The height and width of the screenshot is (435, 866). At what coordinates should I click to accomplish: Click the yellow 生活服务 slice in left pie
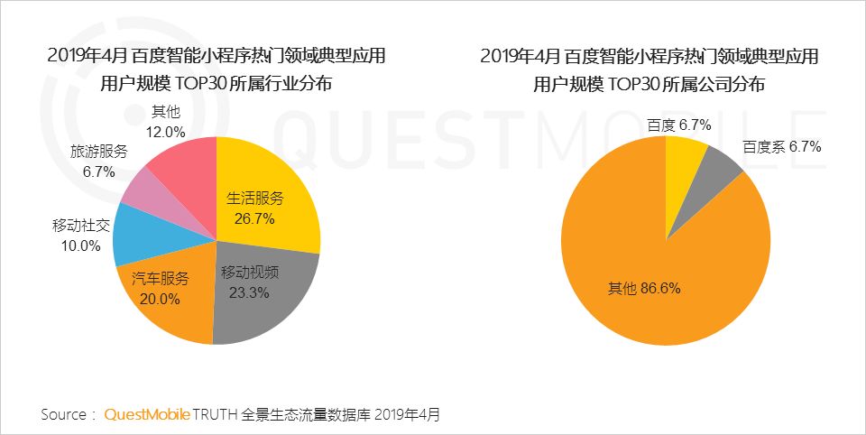tap(271, 194)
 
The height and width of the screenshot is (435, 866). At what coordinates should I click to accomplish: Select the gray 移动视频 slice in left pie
tap(262, 298)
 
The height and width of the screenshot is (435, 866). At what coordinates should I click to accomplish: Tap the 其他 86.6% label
tap(644, 289)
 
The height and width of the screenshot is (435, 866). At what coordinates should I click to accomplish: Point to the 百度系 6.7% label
tap(781, 146)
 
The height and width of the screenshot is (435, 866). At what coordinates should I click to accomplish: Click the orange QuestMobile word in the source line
tap(147, 414)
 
